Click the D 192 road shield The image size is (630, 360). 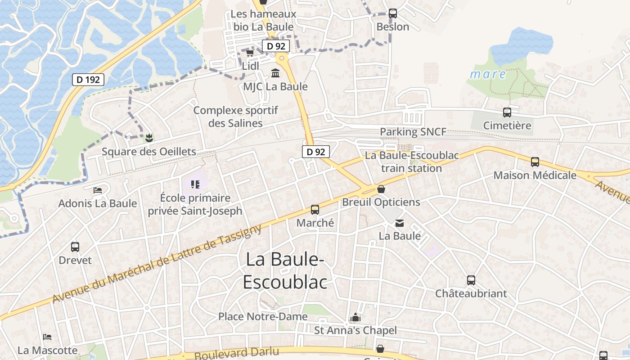pyautogui.click(x=88, y=80)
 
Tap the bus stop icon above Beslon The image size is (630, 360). pyautogui.click(x=393, y=13)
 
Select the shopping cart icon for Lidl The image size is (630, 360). pyautogui.click(x=250, y=53)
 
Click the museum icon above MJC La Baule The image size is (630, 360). pyautogui.click(x=275, y=73)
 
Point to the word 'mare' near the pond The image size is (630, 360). pyautogui.click(x=488, y=74)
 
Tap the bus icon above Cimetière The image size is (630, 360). pyautogui.click(x=507, y=112)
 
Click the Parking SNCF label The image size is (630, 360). pyautogui.click(x=413, y=132)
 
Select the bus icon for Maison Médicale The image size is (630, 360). pyautogui.click(x=535, y=162)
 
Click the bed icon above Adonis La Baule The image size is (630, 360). pyautogui.click(x=97, y=190)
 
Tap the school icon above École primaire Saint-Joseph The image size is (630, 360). pyautogui.click(x=195, y=184)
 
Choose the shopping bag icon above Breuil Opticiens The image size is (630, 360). pyautogui.click(x=381, y=189)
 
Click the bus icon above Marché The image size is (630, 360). pyautogui.click(x=315, y=210)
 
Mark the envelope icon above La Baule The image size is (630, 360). pyautogui.click(x=400, y=223)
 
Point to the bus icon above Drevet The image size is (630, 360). pyautogui.click(x=75, y=247)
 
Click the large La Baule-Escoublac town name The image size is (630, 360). pyautogui.click(x=285, y=270)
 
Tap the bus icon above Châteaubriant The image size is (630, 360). pyautogui.click(x=471, y=280)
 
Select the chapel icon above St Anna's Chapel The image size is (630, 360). pyautogui.click(x=355, y=318)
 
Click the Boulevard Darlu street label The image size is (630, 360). pyautogui.click(x=237, y=353)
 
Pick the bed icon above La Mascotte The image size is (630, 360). pyautogui.click(x=47, y=337)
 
